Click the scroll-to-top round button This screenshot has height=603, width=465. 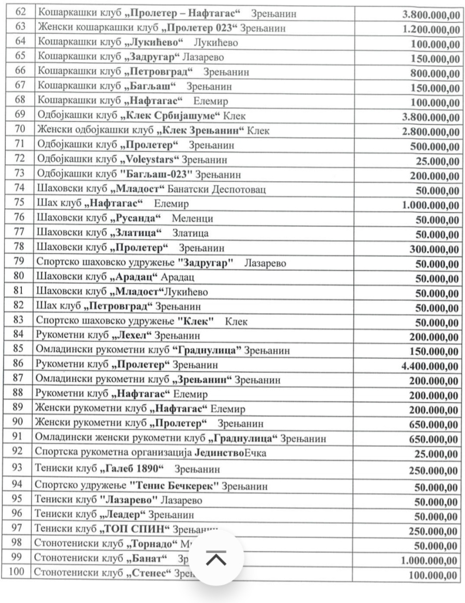(x=216, y=558)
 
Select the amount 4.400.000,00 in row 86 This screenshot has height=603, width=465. (x=430, y=367)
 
